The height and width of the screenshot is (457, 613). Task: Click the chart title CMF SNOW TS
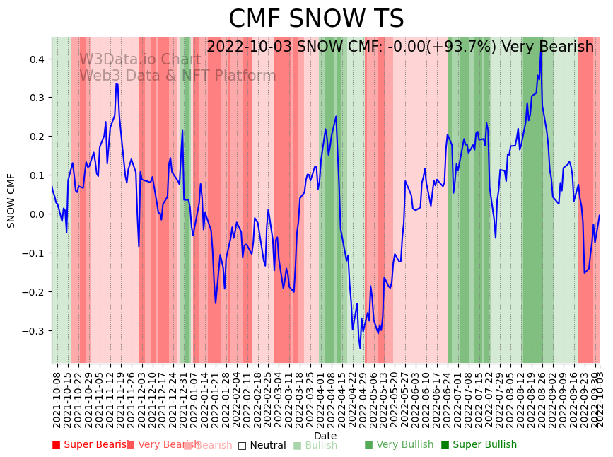[316, 19]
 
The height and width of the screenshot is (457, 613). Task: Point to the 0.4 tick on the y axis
[37, 59]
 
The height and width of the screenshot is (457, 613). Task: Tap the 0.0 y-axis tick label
[37, 214]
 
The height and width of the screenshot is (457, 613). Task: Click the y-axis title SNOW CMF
[11, 200]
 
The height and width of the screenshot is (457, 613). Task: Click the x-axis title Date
[325, 436]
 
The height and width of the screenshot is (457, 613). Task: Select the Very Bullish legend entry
[399, 445]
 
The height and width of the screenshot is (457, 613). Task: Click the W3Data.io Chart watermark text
[140, 59]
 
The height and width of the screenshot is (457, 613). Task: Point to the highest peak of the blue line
[541, 51]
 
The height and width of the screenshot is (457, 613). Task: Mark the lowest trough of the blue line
[360, 348]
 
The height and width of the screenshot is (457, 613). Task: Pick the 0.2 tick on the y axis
[37, 136]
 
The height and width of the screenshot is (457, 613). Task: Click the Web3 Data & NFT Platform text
[177, 76]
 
